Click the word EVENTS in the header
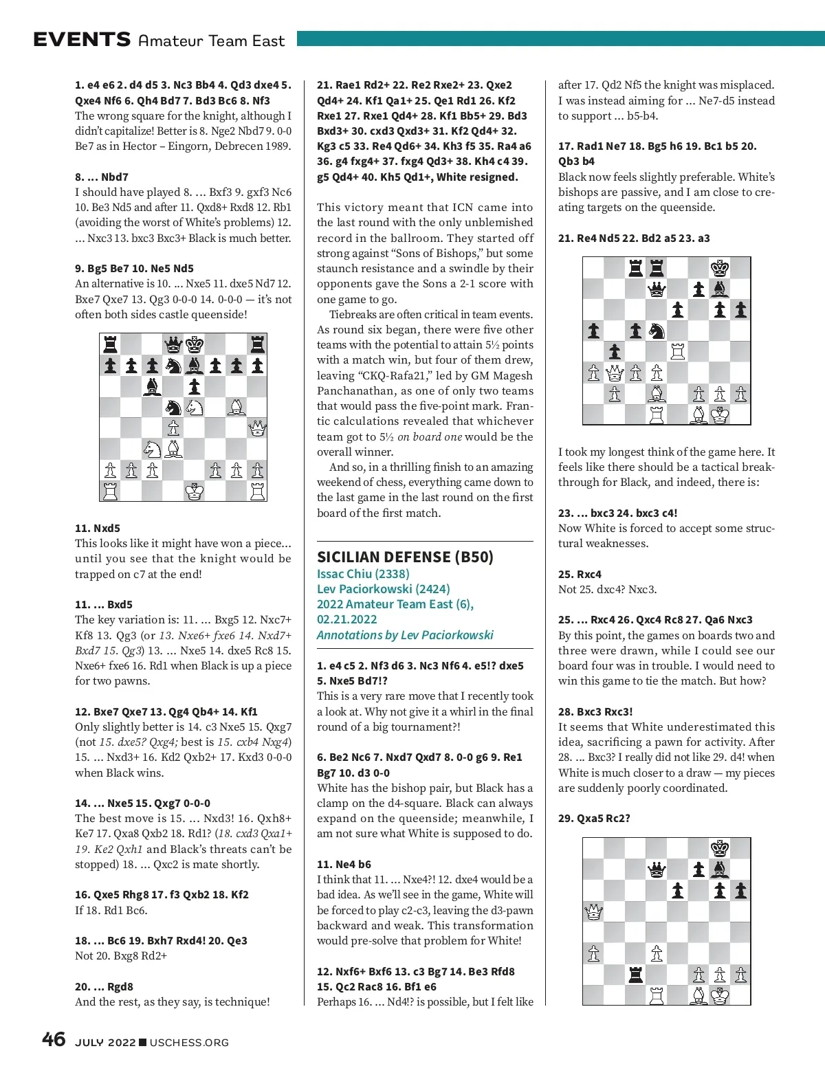[x=82, y=40]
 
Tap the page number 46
[x=54, y=1040]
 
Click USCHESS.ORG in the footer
[x=189, y=1042]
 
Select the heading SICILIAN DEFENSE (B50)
[x=405, y=557]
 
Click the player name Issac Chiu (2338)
[x=362, y=574]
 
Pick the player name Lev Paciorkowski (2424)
[x=383, y=589]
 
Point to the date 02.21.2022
[x=347, y=619]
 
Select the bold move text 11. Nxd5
[x=98, y=528]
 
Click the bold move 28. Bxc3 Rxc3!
[x=595, y=711]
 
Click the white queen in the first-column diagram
[x=257, y=429]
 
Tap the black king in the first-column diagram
[x=195, y=344]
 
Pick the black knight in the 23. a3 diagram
[x=657, y=331]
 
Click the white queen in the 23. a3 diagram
[x=615, y=373]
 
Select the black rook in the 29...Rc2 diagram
[x=636, y=974]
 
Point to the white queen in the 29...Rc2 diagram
[x=593, y=912]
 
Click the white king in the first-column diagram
[x=195, y=491]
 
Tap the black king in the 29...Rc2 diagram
[x=720, y=848]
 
